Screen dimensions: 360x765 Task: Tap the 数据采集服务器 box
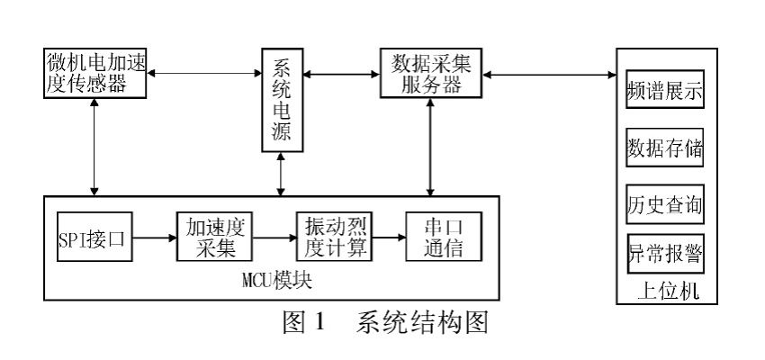coord(431,73)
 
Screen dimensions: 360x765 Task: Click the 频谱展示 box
coord(664,93)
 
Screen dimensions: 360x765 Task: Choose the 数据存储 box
coord(664,148)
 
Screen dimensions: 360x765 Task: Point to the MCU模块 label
coord(270,281)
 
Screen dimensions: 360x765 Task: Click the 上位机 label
coord(664,290)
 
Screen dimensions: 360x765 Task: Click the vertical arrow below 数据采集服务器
coord(432,144)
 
